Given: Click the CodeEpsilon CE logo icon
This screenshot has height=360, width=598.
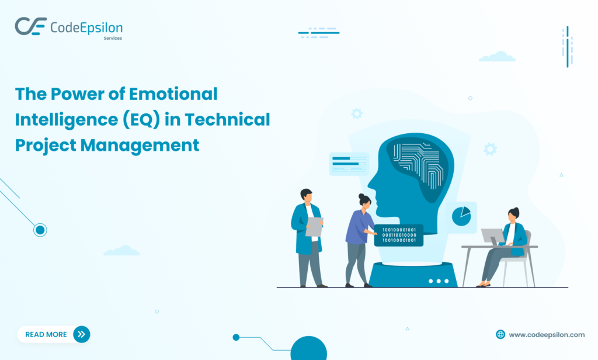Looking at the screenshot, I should [30, 26].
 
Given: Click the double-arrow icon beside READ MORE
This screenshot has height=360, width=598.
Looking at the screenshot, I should [81, 334].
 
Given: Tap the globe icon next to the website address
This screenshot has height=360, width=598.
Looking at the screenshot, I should [500, 334].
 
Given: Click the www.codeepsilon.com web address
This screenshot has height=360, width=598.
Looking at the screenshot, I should [547, 335].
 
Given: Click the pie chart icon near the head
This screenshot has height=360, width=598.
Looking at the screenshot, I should [461, 216].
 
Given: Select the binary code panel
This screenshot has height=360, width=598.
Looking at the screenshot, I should [399, 235].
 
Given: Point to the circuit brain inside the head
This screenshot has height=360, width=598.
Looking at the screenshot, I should [419, 164].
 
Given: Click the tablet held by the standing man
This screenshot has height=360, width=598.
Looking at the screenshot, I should [314, 227].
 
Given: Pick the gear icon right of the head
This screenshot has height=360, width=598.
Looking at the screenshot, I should [490, 149].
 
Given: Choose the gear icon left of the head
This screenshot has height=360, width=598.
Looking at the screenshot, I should [356, 113].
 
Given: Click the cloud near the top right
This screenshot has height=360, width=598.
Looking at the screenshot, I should [497, 57].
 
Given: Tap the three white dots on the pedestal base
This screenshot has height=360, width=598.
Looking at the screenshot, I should [438, 281].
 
